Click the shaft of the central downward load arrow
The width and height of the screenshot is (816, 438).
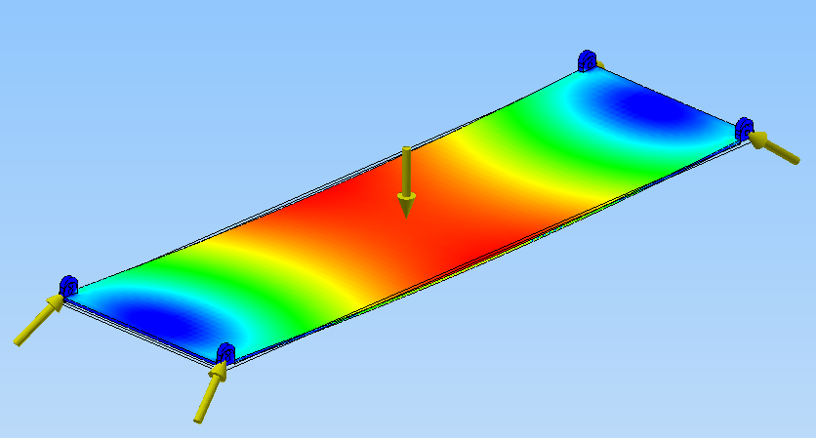pos(406,171)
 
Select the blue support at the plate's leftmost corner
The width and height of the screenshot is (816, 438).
pos(68,285)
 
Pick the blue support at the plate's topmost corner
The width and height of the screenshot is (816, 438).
pos(587,60)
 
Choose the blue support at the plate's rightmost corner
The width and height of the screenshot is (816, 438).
pos(744,127)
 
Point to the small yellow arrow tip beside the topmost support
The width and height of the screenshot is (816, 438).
pos(599,65)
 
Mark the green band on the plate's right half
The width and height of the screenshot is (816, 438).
pos(556,146)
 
